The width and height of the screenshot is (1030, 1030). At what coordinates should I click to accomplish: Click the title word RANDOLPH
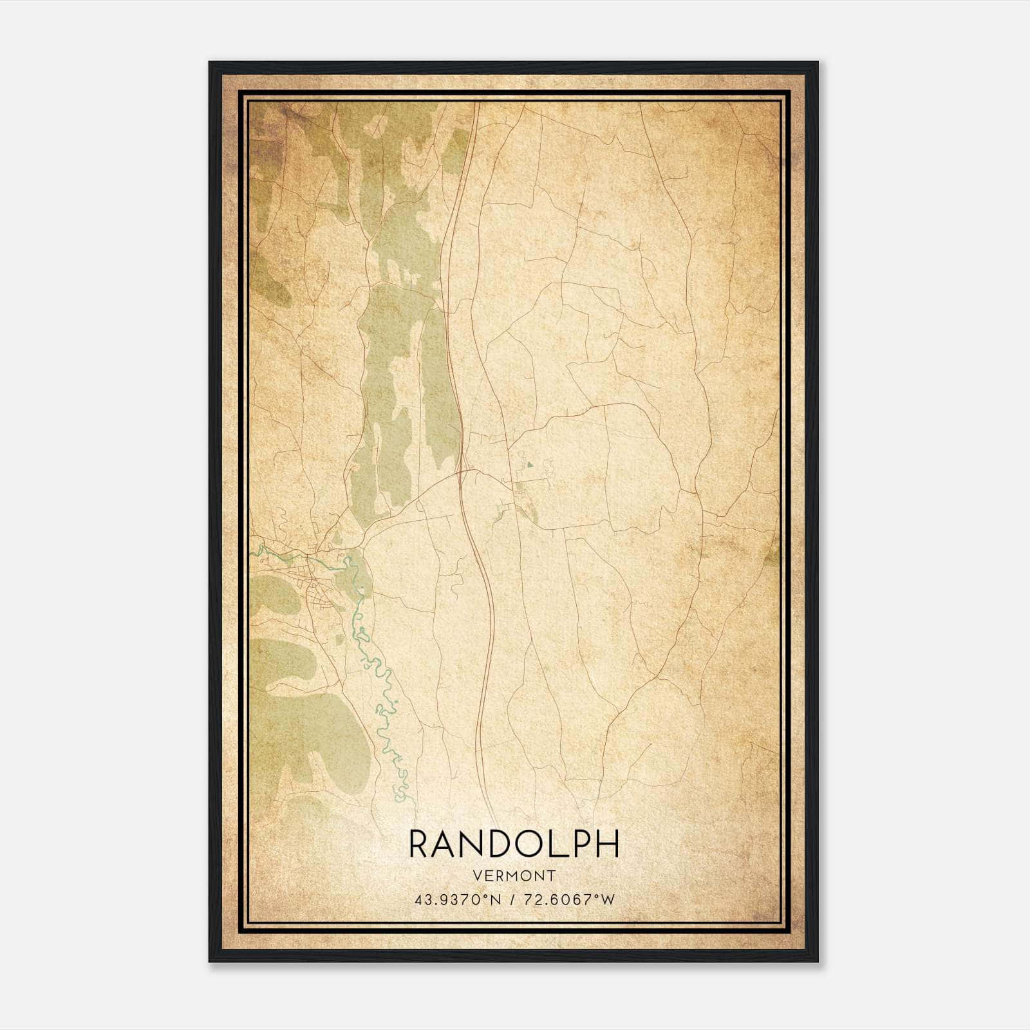coord(514,844)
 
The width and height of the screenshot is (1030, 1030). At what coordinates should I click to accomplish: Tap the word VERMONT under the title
coord(514,876)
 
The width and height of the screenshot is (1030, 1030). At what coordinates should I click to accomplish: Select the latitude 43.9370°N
coord(458,899)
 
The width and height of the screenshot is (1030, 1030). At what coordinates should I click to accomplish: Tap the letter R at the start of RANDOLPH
coord(418,844)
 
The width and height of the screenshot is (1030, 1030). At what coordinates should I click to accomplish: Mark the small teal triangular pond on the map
coord(529,463)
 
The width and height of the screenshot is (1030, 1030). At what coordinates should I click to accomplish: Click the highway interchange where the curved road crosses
coord(462,471)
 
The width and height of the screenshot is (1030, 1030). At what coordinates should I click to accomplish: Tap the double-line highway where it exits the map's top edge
coord(477,105)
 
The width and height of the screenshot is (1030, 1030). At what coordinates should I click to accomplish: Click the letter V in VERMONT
coord(477,876)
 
